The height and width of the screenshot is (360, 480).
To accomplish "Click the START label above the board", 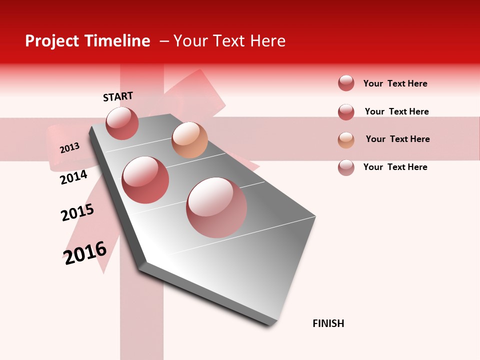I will tap(118, 96).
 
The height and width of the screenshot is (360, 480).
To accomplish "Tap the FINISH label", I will tap(328, 323).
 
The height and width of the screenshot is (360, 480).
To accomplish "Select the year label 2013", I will tap(69, 148).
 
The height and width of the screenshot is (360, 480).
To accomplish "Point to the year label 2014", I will tap(73, 177).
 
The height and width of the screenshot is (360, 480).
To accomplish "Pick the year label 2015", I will tap(77, 212).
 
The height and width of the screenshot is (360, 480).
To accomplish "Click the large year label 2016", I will tap(85, 253).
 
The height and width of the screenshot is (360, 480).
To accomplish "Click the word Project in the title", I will tap(52, 41).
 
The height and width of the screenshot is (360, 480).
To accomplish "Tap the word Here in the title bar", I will tap(267, 41).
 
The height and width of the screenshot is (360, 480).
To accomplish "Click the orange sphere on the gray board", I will tap(189, 140).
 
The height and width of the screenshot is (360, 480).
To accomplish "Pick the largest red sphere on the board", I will tap(216, 207).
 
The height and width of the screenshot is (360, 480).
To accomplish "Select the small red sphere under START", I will tap(122, 123).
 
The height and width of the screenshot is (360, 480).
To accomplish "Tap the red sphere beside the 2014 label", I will tap(145, 180).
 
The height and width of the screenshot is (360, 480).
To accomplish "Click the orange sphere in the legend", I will tap(346, 140).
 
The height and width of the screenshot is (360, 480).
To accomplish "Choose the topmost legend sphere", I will tap(346, 83).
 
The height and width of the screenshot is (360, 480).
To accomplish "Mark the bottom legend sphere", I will tap(346, 167).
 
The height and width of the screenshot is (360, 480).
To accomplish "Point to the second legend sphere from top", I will tap(346, 112).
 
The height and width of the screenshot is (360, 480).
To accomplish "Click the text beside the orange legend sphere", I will tap(397, 139).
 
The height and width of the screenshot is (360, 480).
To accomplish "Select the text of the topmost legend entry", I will tap(395, 83).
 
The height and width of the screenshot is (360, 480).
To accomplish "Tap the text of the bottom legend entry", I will tap(395, 167).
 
